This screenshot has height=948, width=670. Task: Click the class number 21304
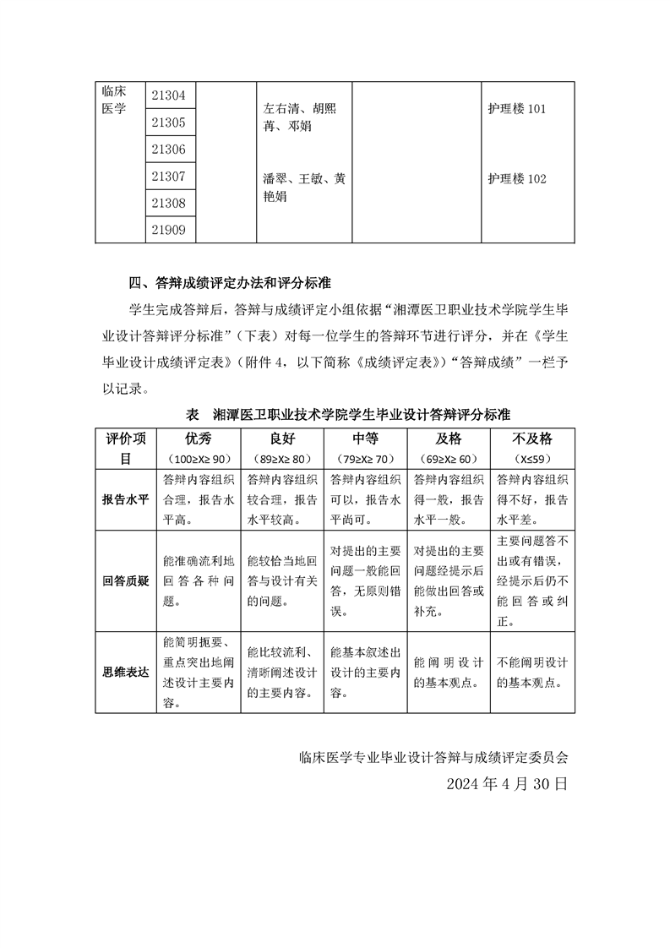(168, 95)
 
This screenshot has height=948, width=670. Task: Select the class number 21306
(168, 150)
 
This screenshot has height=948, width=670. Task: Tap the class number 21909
(168, 230)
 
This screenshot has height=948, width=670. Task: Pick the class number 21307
(168, 177)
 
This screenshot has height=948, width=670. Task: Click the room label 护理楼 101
(517, 110)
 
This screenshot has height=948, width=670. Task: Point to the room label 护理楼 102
(517, 179)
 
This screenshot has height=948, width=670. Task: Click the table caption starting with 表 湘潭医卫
(347, 416)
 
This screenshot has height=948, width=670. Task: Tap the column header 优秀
(199, 439)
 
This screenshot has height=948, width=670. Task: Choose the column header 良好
(283, 439)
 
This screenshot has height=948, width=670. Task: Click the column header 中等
(365, 439)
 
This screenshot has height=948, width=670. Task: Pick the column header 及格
(448, 439)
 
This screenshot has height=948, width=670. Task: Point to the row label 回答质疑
(125, 581)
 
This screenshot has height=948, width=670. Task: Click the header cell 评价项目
(125, 449)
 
